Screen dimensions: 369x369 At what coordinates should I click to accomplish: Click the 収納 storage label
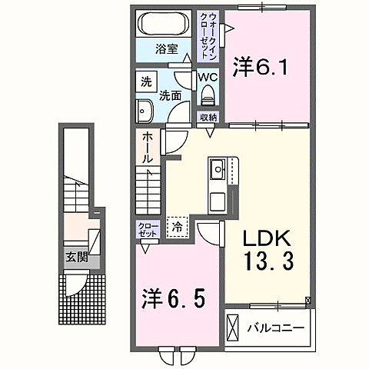pyautogui.click(x=209, y=117)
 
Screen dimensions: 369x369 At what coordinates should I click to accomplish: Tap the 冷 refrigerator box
pyautogui.click(x=177, y=227)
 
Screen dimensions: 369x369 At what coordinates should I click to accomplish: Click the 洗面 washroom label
pyautogui.click(x=171, y=96)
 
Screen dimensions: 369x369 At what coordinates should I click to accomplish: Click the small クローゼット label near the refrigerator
pyautogui.click(x=148, y=228)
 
